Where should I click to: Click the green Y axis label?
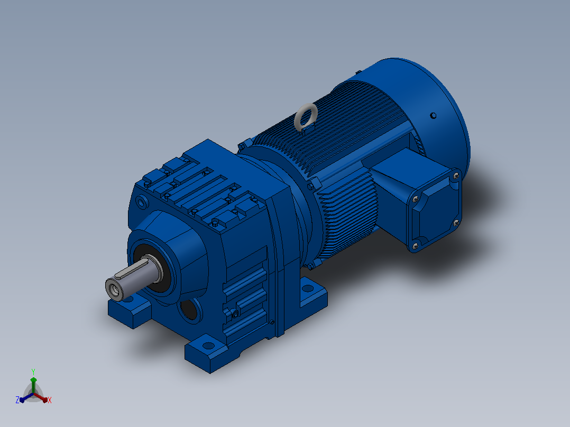point(33,372)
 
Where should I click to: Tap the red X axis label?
point(50,400)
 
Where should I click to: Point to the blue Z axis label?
point(17,400)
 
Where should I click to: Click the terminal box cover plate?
point(435,210)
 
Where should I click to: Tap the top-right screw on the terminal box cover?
point(456,177)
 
